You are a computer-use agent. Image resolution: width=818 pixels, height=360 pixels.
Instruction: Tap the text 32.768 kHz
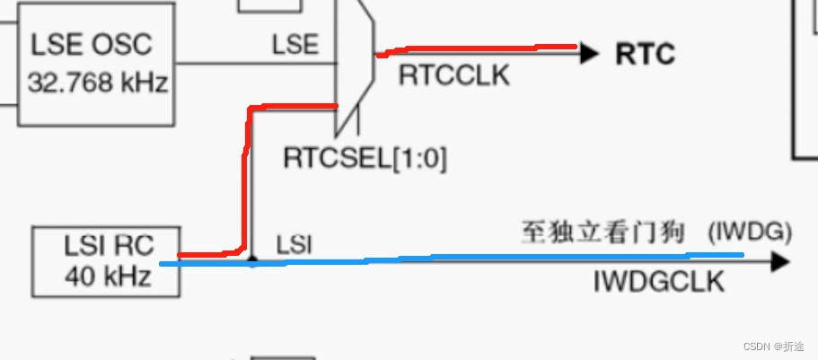(97, 83)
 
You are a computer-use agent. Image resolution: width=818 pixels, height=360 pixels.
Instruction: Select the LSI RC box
(106, 260)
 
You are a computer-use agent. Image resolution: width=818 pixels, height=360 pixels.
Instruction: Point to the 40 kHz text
(106, 277)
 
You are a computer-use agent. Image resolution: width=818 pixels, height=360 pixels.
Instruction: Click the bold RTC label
(644, 54)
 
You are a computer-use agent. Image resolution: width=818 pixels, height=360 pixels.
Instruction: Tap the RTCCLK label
(453, 75)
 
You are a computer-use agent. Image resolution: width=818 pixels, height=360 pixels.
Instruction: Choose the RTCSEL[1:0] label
(365, 159)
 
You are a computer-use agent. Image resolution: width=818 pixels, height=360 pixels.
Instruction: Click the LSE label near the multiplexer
(295, 45)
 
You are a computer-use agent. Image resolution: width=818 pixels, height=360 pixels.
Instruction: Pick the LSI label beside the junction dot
(294, 244)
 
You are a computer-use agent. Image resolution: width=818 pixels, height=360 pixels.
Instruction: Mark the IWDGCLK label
(658, 282)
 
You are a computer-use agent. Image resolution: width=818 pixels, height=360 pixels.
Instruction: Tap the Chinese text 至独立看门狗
(603, 233)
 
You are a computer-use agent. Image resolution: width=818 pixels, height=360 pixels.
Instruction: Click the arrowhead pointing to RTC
(589, 54)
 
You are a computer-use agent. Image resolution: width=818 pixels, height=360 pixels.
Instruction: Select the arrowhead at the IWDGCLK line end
(779, 262)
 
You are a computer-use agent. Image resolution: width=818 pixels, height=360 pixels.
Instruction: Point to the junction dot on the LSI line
(253, 262)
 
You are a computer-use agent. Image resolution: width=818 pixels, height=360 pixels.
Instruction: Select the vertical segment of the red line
(243, 180)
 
